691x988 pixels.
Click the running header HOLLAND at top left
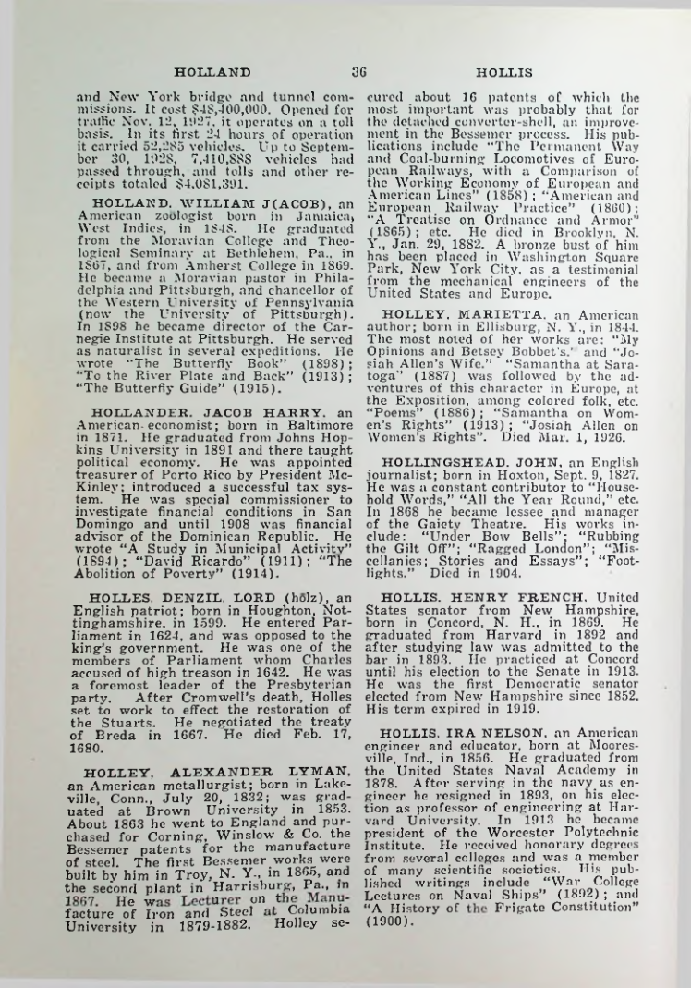coord(212,70)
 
